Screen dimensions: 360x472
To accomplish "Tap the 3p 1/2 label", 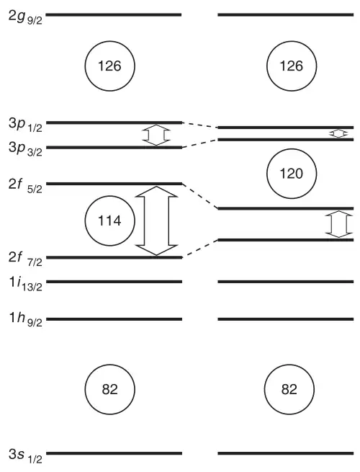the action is [x=26, y=125].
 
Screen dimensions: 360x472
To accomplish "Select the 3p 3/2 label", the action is [x=26, y=148].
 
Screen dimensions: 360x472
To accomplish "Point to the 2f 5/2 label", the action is [x=26, y=185].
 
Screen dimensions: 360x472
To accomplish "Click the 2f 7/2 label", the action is [x=26, y=259].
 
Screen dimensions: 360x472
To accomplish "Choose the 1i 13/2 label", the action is [x=26, y=283].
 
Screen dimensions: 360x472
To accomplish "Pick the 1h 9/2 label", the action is [x=26, y=319].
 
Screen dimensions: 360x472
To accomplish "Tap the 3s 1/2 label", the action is [x=26, y=455].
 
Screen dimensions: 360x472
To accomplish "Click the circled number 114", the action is [x=109, y=221].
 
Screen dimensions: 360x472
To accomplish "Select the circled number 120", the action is [x=292, y=174].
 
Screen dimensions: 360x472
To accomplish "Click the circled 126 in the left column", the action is [x=109, y=66].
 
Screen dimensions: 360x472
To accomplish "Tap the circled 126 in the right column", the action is [x=292, y=66].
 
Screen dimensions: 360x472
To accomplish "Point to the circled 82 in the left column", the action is [x=109, y=390].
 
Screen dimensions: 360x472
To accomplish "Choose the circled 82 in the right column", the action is [x=289, y=390].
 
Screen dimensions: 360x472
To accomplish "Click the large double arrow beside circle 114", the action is [x=156, y=221].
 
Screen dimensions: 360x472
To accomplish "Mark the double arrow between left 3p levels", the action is [x=156, y=135].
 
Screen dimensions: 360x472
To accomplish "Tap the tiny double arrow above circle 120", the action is [x=338, y=133].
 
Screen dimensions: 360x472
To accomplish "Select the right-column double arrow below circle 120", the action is [x=338, y=224].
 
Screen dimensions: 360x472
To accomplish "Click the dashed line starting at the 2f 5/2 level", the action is [x=200, y=196].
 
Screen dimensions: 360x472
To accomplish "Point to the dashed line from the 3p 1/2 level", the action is [x=200, y=125].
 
